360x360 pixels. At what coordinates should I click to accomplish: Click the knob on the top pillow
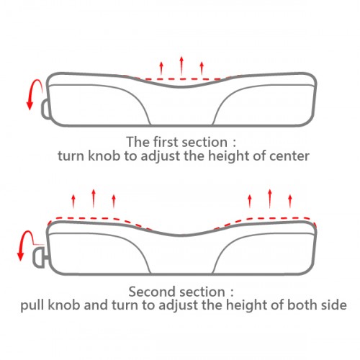point(45,108)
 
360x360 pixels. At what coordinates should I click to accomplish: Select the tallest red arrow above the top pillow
point(181,66)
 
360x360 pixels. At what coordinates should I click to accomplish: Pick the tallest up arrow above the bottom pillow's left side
point(94,199)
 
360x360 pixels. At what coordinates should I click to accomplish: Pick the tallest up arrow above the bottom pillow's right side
point(270,199)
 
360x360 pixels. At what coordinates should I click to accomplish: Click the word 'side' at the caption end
point(334,305)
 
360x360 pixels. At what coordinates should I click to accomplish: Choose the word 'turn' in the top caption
point(71,156)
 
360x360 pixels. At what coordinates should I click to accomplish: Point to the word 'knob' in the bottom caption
point(64,305)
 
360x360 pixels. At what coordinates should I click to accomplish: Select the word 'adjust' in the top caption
point(161,156)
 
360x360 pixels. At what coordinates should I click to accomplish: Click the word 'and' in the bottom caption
point(96,305)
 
